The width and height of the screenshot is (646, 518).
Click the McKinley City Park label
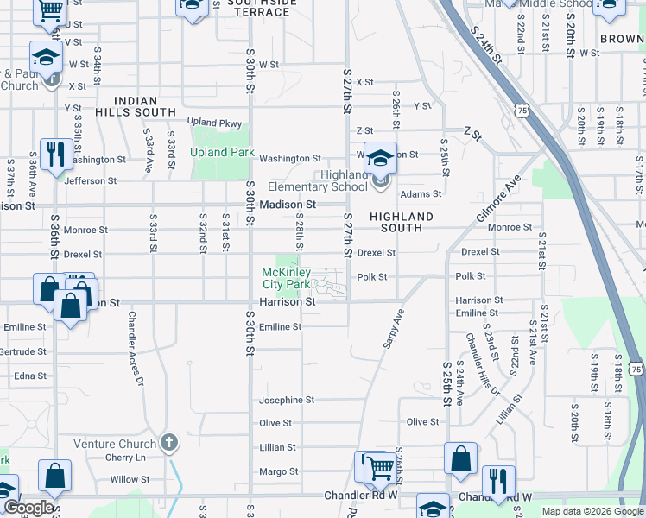click(286, 278)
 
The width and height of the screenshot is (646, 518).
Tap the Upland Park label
click(223, 153)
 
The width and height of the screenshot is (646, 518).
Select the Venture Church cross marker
click(169, 443)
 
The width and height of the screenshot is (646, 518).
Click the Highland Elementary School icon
click(379, 158)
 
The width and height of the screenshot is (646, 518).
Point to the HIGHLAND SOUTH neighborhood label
click(402, 222)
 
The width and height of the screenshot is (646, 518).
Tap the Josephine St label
click(287, 401)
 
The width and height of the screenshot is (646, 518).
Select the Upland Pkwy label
click(214, 123)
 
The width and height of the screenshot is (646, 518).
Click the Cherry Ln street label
click(121, 458)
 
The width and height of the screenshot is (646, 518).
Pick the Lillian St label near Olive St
click(278, 448)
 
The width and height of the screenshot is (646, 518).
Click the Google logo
click(28, 508)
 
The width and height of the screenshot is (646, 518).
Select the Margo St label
click(278, 471)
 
